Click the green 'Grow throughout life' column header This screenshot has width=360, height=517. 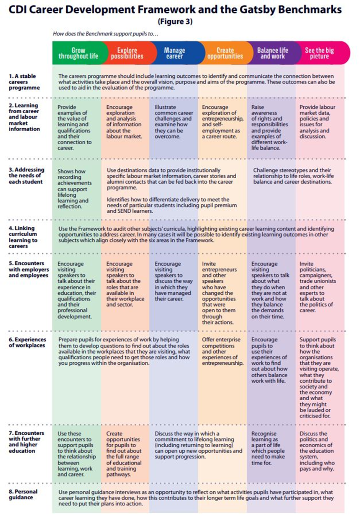(78, 53)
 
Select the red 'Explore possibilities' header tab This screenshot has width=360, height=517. (127, 53)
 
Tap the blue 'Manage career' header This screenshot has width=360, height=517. (174, 53)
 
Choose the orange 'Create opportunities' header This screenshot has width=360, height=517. (225, 53)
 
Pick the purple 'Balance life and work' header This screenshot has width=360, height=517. (272, 53)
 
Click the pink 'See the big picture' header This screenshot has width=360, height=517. (319, 53)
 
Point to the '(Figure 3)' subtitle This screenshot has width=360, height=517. (175, 21)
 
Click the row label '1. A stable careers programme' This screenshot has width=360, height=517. (24, 82)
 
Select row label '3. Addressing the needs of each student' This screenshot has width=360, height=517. (26, 176)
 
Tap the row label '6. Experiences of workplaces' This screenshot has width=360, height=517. (27, 342)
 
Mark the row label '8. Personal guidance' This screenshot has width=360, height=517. (23, 494)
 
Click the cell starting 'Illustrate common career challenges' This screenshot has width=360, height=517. (173, 122)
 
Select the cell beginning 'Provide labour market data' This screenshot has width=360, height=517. (317, 122)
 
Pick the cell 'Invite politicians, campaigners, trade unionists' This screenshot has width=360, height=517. (317, 287)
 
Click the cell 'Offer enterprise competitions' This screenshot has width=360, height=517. (222, 351)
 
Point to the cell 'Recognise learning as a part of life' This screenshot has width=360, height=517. (268, 448)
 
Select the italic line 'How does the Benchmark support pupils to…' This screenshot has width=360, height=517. (105, 34)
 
